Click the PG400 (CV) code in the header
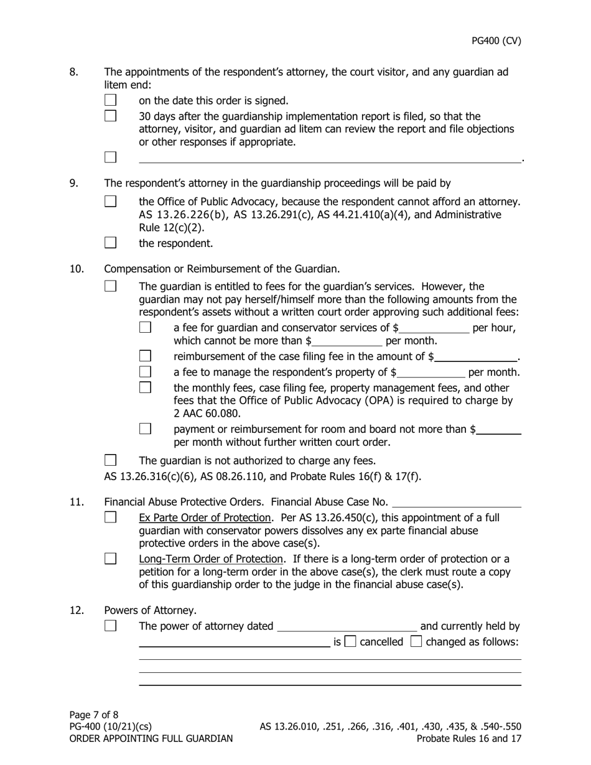point(496,41)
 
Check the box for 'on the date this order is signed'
point(111,100)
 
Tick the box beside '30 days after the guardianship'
point(111,116)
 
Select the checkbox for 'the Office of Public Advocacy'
point(111,202)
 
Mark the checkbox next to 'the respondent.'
point(111,243)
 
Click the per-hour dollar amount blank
point(435,328)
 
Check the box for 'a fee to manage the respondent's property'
point(146,373)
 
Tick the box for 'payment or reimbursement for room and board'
point(146,429)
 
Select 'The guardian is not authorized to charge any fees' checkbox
point(111,461)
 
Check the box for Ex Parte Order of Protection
point(111,517)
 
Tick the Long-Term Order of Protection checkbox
point(111,559)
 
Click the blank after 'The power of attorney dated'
point(347,627)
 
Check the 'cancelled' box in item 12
point(350,642)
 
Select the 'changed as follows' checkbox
point(417,642)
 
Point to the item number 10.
point(77,269)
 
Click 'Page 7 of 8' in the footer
point(94,715)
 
